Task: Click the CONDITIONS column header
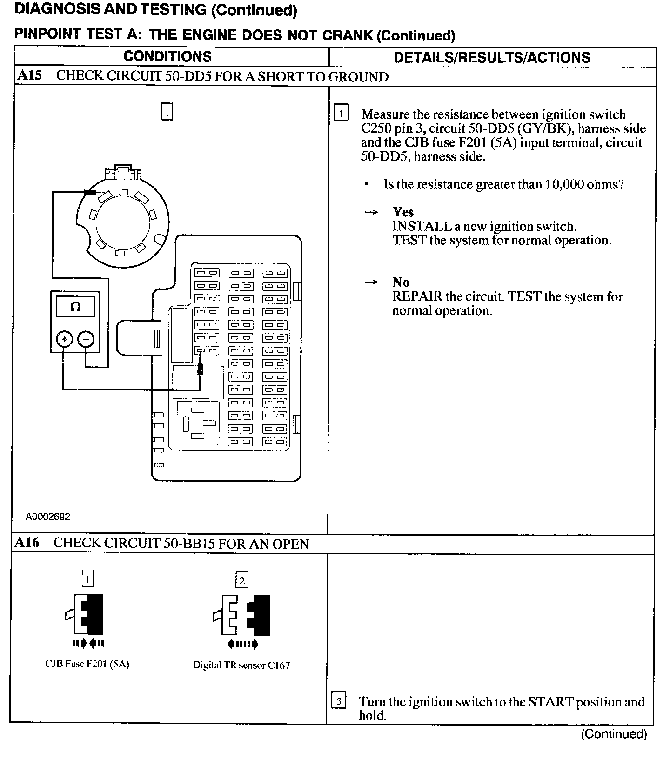167,57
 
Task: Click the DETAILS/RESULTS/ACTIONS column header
492,58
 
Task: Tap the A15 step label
29,76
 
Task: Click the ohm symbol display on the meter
75,307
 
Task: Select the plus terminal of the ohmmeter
65,339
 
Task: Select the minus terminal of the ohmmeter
86,339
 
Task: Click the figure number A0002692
48,516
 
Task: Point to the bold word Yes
403,212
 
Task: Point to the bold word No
401,283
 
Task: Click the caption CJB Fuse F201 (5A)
87,664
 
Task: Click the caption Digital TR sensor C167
241,665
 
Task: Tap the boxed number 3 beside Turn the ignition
339,701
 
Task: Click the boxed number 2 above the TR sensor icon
242,580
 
